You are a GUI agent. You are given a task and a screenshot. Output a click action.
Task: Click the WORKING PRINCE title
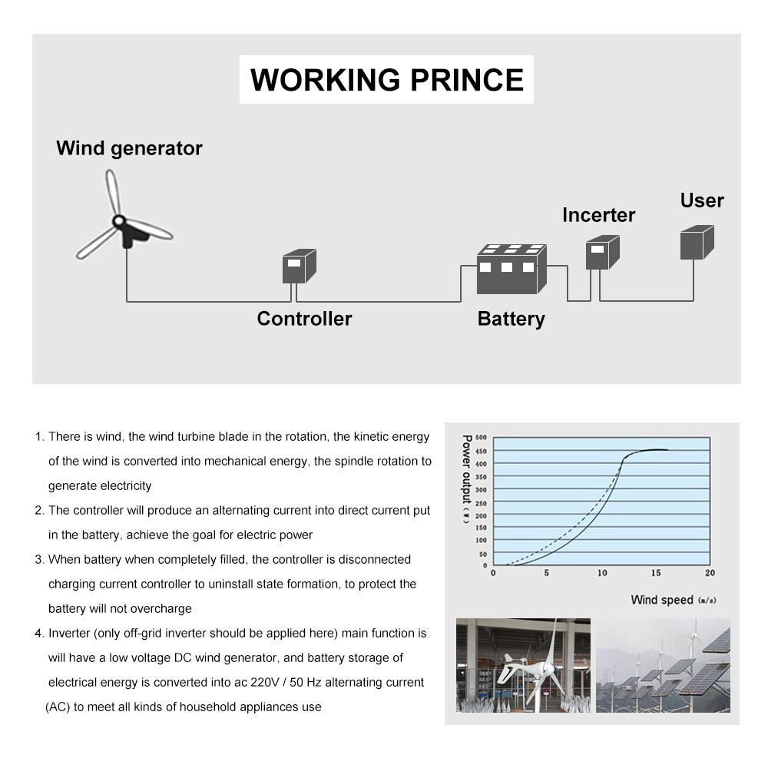(386, 80)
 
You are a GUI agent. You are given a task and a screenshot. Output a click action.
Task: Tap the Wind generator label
(129, 148)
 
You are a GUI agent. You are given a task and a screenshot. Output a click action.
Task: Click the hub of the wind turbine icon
(120, 222)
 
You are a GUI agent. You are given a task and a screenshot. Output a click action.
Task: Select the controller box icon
(299, 266)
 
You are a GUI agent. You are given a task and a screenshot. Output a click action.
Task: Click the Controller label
(304, 319)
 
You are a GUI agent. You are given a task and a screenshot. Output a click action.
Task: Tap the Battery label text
(511, 319)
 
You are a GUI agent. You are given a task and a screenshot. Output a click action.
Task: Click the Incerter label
(598, 215)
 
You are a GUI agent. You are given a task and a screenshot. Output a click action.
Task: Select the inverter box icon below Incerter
(602, 253)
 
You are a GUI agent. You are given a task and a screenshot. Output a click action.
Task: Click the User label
(701, 200)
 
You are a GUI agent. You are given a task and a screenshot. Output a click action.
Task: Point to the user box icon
(697, 242)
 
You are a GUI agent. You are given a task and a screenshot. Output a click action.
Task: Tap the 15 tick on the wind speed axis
(655, 573)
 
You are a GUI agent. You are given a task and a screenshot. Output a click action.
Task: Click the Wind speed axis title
(662, 600)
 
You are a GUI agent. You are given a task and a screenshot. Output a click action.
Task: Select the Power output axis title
(466, 480)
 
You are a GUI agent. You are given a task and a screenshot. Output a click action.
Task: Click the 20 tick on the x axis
(709, 573)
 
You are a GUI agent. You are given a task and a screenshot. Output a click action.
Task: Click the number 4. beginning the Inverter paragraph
(39, 634)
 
